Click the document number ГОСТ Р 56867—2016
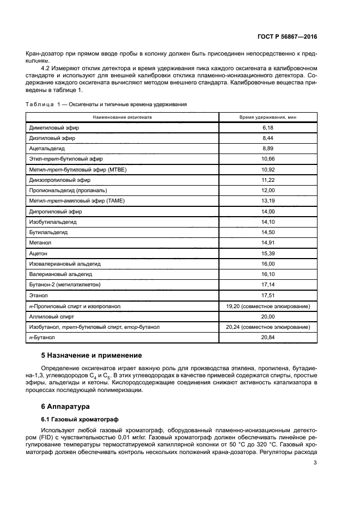pos(287,36)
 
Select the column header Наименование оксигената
pos(122,117)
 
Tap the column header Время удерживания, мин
pos(267,117)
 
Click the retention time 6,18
pos(267,127)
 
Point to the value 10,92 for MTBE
pos(267,169)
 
